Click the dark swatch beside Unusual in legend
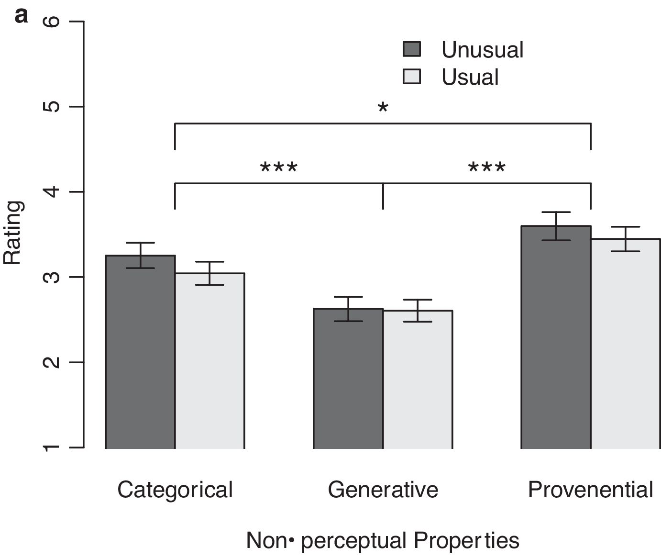(x=412, y=49)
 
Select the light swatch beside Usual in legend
(x=412, y=77)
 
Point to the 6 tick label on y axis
(x=53, y=22)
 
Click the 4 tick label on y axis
(x=53, y=191)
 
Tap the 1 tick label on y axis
(x=53, y=447)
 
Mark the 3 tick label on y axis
(x=53, y=277)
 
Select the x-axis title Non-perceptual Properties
(x=383, y=540)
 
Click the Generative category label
(x=383, y=490)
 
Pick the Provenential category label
(x=590, y=490)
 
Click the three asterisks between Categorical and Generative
(x=279, y=168)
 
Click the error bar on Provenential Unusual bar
(x=556, y=226)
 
